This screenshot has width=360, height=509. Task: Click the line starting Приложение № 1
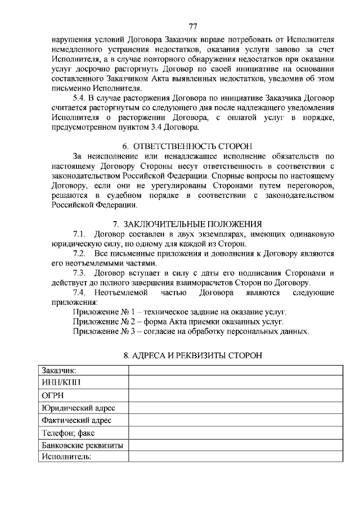180,312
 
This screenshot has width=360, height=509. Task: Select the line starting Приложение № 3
191,331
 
